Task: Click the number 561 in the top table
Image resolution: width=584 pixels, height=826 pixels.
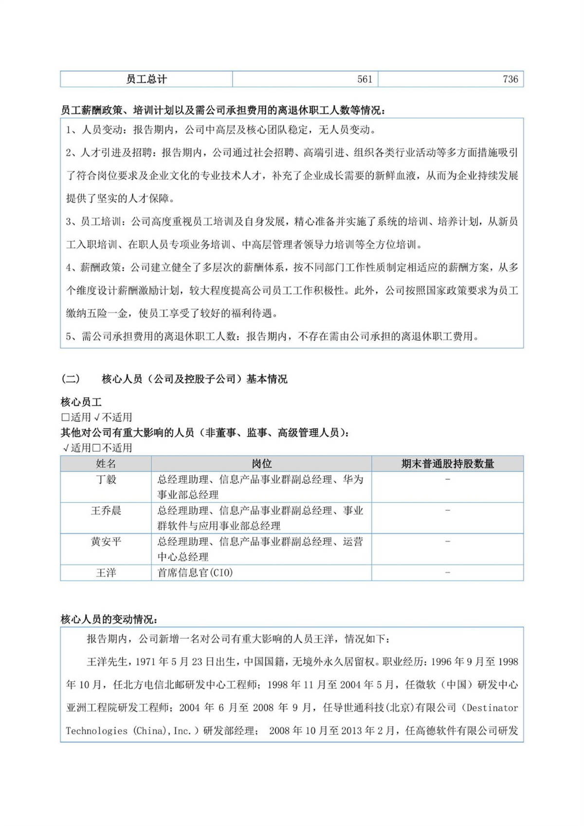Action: pyautogui.click(x=365, y=79)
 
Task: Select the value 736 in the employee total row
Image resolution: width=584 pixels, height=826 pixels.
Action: pyautogui.click(x=510, y=79)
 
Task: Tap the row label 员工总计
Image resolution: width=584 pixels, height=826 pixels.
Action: pyautogui.click(x=146, y=79)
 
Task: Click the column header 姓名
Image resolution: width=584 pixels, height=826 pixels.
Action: pyautogui.click(x=106, y=464)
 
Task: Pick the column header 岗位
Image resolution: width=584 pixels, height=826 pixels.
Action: pyautogui.click(x=261, y=464)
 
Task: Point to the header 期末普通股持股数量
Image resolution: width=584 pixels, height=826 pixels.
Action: pyautogui.click(x=447, y=464)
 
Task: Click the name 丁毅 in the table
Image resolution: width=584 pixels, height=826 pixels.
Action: pyautogui.click(x=106, y=479)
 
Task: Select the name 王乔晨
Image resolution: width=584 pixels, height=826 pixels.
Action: pyautogui.click(x=106, y=511)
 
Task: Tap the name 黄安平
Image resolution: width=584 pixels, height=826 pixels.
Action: pyautogui.click(x=106, y=542)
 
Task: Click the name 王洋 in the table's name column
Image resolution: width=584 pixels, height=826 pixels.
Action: pyautogui.click(x=106, y=573)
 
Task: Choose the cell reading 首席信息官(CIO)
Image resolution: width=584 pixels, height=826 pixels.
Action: pyautogui.click(x=195, y=573)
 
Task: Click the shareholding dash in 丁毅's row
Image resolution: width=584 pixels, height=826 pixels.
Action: pyautogui.click(x=447, y=479)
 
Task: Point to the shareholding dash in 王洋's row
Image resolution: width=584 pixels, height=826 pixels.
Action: pyautogui.click(x=447, y=573)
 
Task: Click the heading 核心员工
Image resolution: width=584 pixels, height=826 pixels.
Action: pyautogui.click(x=81, y=402)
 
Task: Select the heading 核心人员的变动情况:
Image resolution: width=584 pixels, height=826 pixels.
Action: pyautogui.click(x=109, y=619)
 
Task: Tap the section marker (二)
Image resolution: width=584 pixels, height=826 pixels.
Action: pyautogui.click(x=71, y=379)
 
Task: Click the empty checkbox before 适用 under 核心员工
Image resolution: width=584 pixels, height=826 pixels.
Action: pyautogui.click(x=65, y=418)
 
